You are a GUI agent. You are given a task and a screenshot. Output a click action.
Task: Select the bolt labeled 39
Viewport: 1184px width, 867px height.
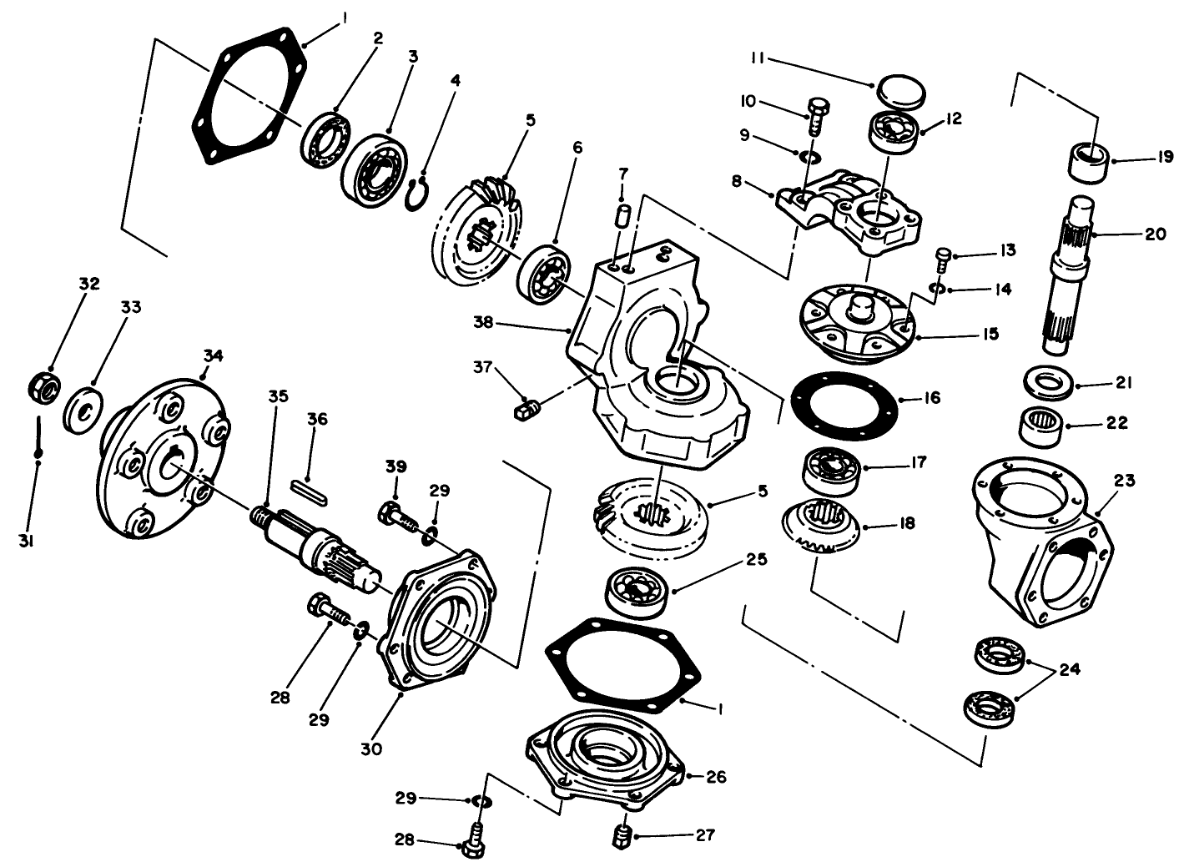pyautogui.click(x=398, y=514)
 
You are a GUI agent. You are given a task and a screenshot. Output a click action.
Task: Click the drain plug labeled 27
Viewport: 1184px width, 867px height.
pyautogui.click(x=621, y=836)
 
